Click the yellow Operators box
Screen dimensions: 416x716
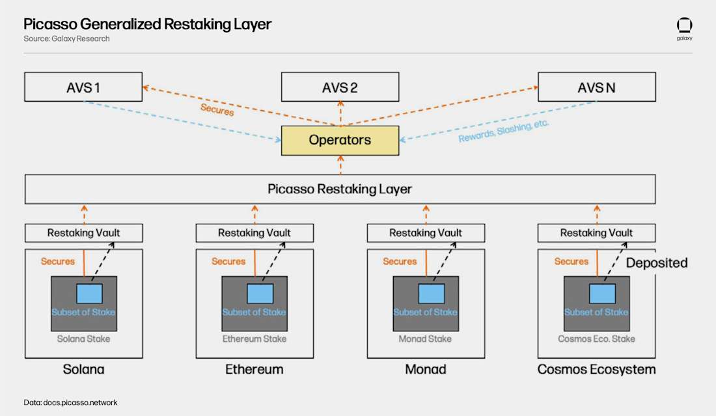pos(340,140)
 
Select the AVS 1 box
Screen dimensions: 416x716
pos(83,87)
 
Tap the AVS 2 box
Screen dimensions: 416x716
pos(340,87)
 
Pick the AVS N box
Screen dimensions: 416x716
pos(596,87)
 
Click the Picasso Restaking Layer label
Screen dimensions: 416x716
pos(340,189)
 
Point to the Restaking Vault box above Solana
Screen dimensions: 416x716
pos(83,232)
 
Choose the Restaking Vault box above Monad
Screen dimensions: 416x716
pos(426,232)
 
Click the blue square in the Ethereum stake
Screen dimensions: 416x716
pos(255,294)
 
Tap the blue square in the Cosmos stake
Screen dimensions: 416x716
pos(597,294)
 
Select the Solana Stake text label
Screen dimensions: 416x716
pos(83,339)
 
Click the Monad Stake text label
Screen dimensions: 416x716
pos(426,339)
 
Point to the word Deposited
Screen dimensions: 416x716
pos(656,263)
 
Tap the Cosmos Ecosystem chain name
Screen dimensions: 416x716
pos(596,369)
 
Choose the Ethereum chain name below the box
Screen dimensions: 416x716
pos(255,369)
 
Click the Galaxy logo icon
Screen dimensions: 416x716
pos(684,26)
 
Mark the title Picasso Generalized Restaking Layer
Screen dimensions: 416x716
pos(147,24)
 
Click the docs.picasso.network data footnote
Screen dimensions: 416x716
pos(70,402)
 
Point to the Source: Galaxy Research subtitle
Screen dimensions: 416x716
pos(66,39)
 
